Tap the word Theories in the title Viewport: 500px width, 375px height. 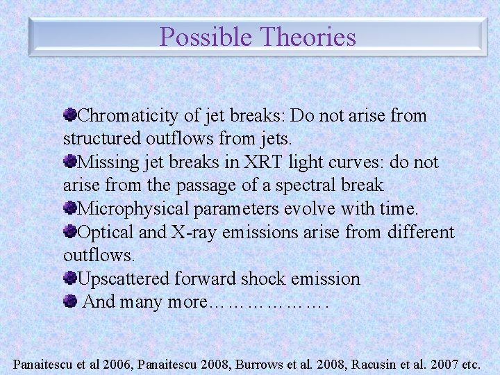[x=306, y=36]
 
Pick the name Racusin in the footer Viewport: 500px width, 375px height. [x=375, y=363]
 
